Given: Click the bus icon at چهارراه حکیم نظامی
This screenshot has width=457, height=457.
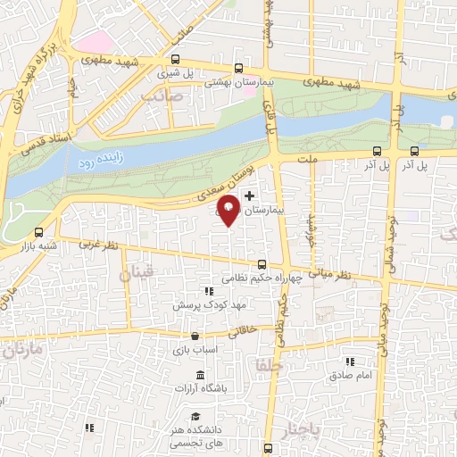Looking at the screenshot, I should [262, 264].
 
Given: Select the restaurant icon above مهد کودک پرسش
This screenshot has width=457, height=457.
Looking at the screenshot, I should [209, 291].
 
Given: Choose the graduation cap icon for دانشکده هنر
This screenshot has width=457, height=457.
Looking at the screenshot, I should [195, 416].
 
